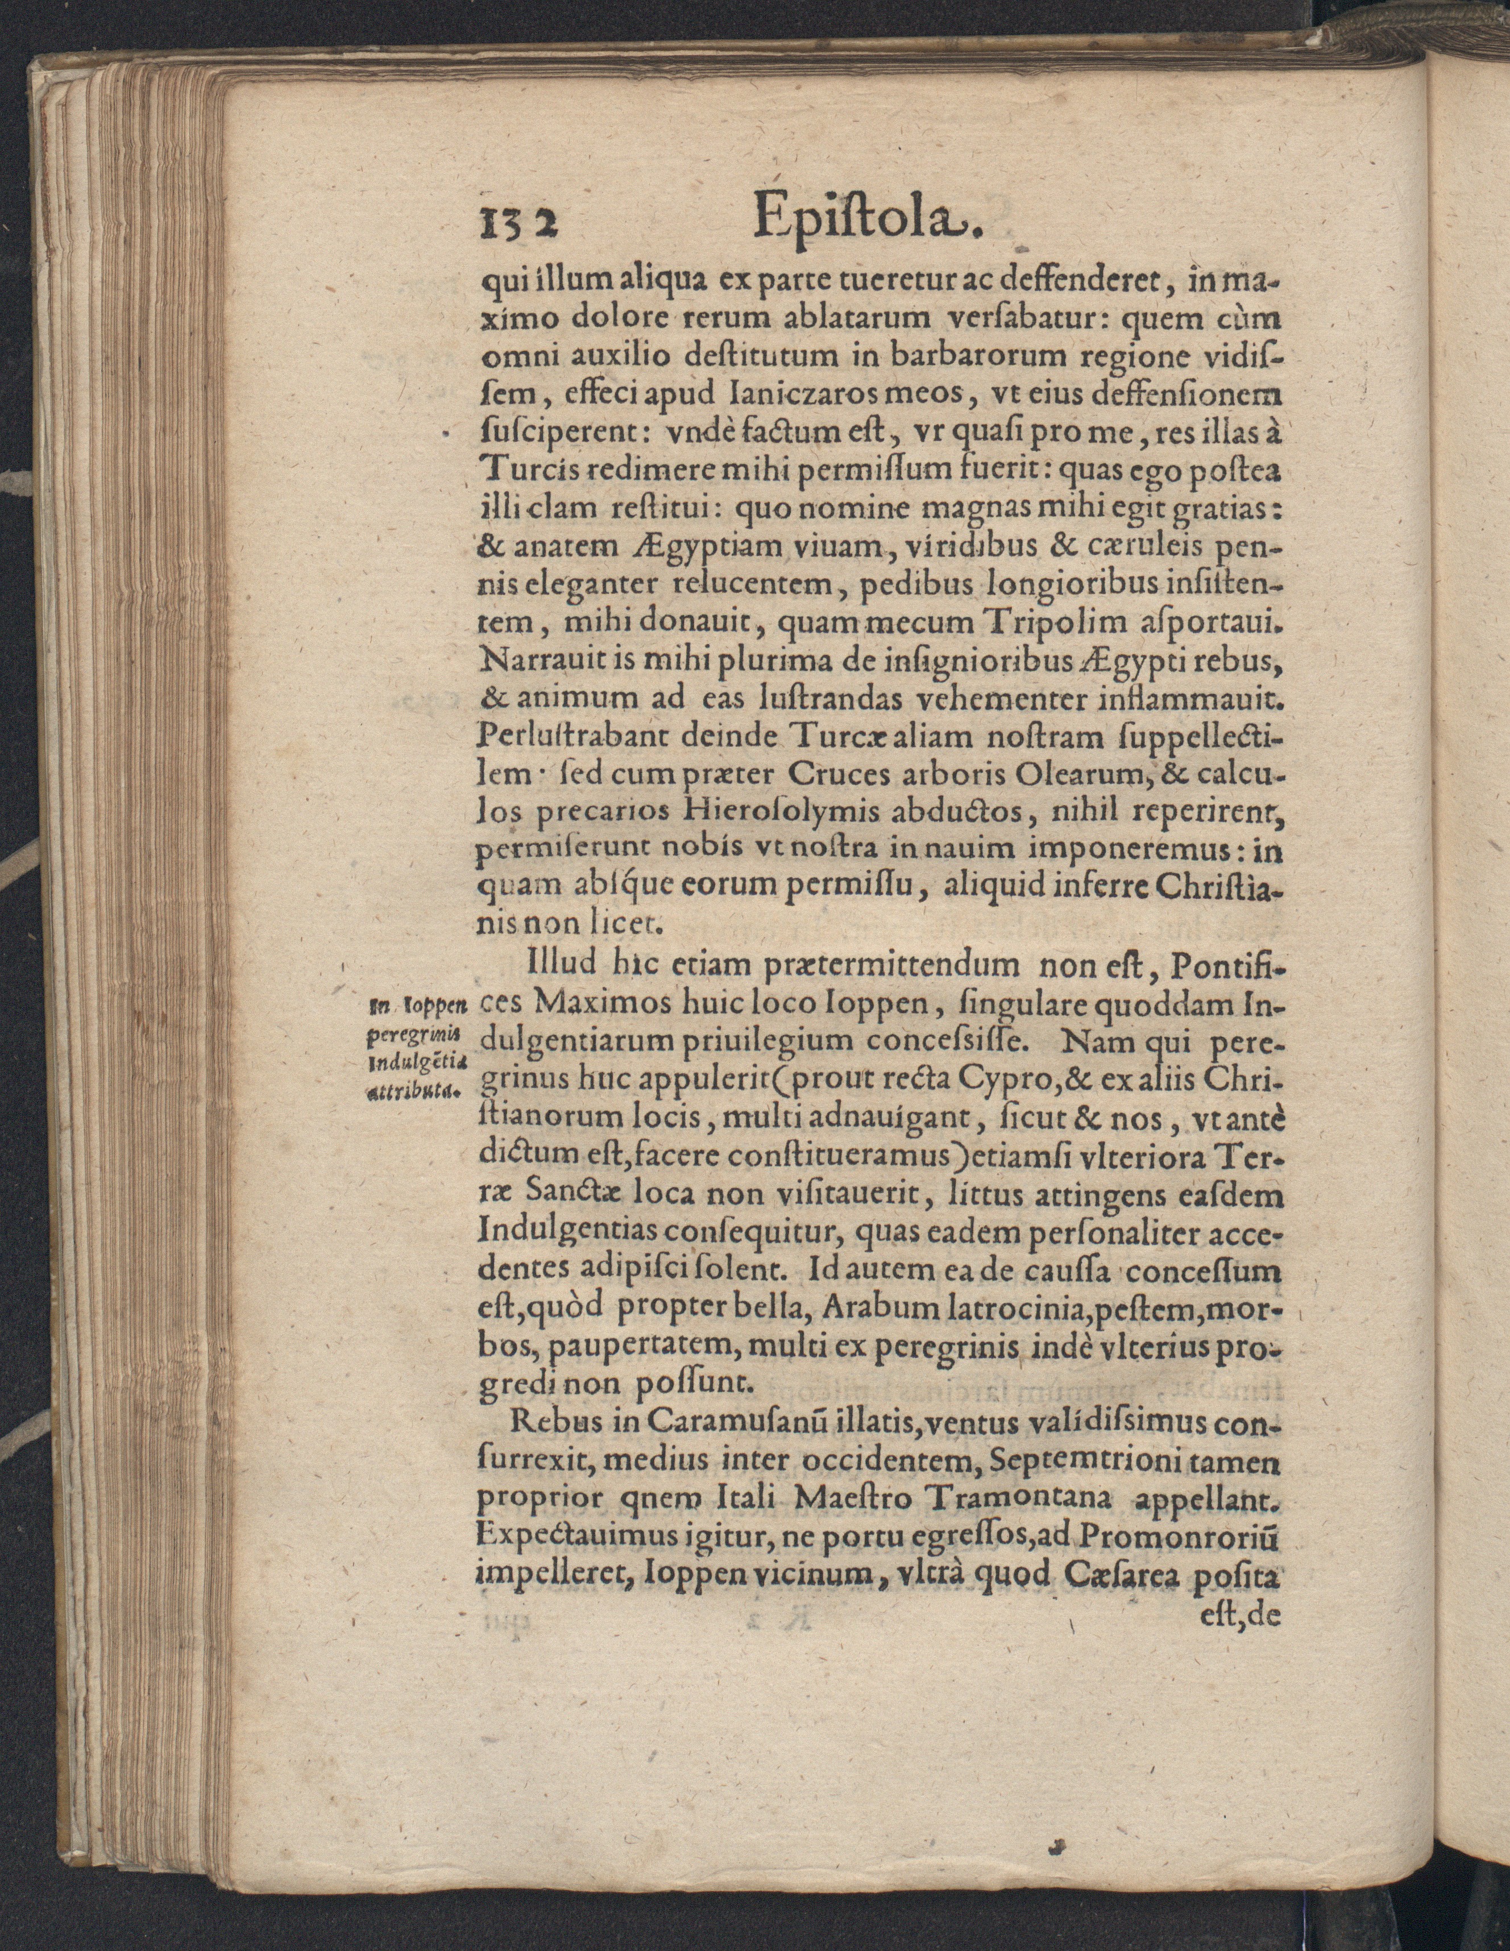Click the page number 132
519,218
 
